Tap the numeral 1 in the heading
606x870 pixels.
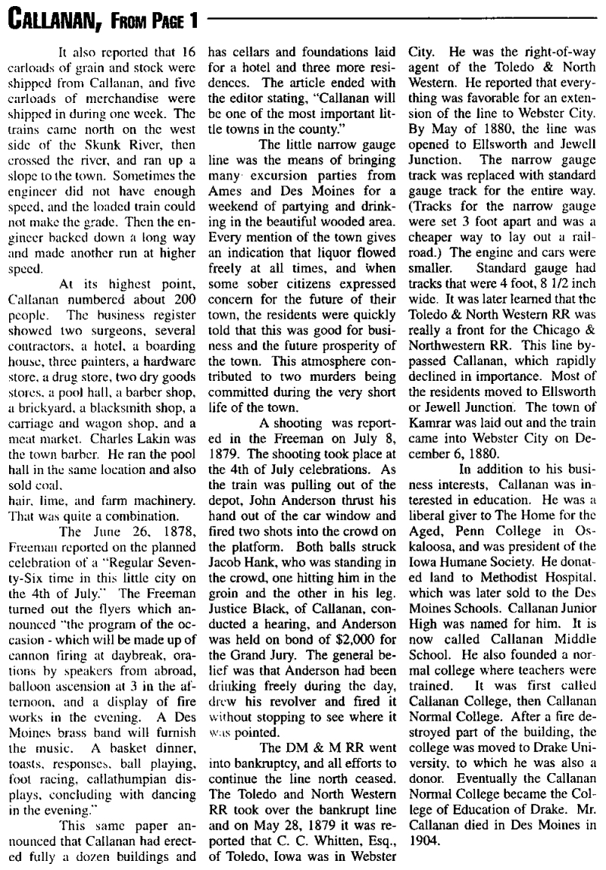coord(192,17)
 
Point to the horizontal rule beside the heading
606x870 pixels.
coord(401,16)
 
